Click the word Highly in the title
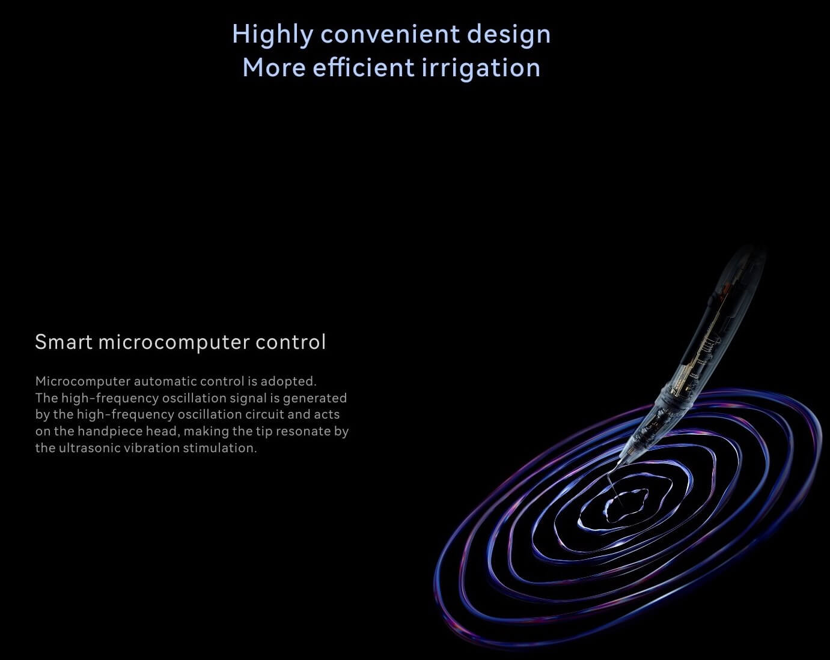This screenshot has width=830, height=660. click(x=273, y=35)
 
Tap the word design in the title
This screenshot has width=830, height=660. click(x=508, y=35)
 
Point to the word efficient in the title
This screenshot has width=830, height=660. click(x=364, y=67)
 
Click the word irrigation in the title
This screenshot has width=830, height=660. click(x=481, y=68)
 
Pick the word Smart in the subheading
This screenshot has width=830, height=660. click(x=64, y=342)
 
